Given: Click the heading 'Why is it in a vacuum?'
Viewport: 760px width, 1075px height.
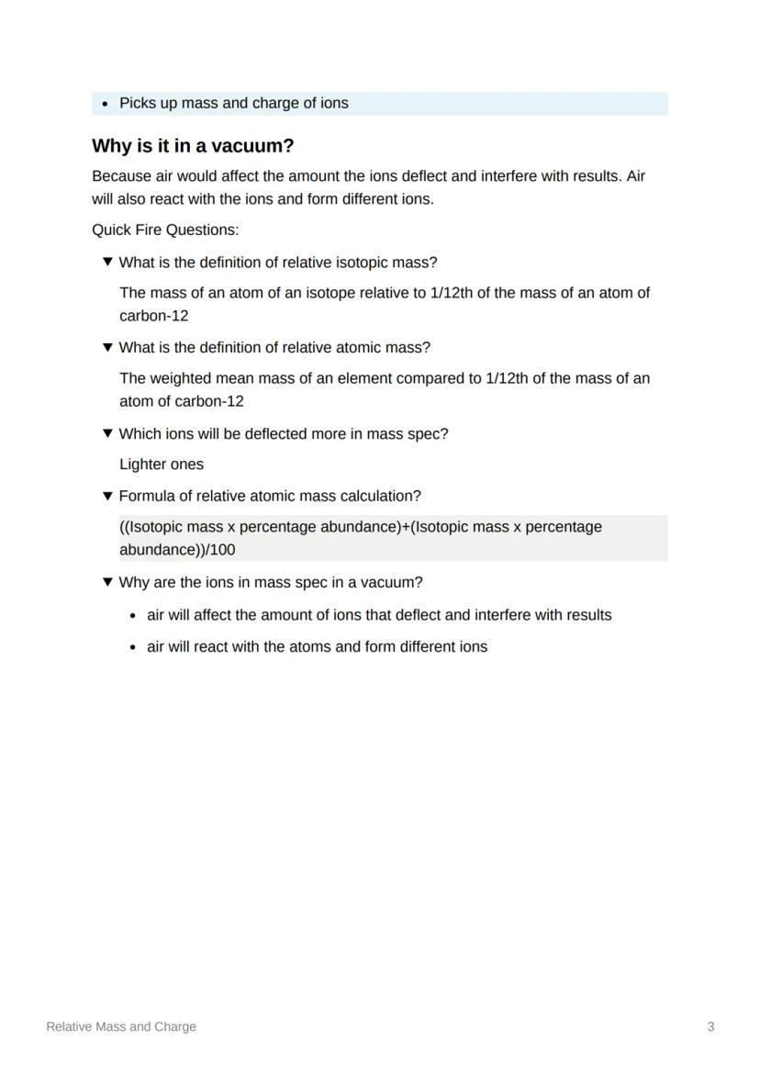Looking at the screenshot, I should click(x=193, y=146).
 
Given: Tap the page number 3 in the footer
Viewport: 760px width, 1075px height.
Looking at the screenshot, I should click(x=710, y=1026).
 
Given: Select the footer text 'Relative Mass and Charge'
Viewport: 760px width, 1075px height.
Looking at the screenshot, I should click(x=121, y=1026).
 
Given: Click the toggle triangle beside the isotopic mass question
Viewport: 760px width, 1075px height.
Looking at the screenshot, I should click(x=107, y=263).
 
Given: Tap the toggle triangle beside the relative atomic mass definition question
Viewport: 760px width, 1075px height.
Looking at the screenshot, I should click(x=107, y=348).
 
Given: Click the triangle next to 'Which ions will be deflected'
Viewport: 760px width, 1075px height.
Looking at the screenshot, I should click(x=107, y=434).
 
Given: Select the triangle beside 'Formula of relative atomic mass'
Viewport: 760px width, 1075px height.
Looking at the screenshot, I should click(x=107, y=497).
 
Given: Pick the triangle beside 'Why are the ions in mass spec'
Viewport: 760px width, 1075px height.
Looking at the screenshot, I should click(x=107, y=583).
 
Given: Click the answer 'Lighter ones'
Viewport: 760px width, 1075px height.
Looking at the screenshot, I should click(x=162, y=465).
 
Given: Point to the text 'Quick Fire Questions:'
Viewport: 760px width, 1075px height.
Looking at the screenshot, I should click(x=165, y=230).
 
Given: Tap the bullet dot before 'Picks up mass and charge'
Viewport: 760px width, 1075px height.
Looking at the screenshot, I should click(x=106, y=104).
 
